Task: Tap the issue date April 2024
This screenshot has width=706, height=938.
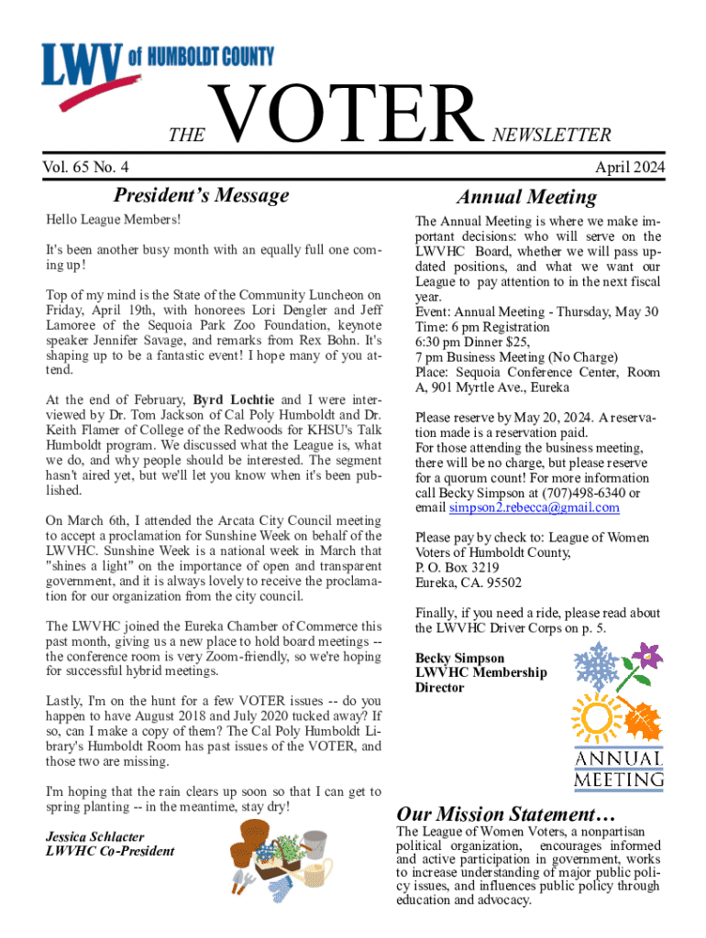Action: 629,167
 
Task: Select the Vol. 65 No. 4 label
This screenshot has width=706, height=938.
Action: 85,167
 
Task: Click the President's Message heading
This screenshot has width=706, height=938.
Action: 201,195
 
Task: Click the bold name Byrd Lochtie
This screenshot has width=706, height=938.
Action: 233,400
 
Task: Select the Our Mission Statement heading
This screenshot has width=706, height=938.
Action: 505,813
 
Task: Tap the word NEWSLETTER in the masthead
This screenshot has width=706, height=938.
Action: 552,136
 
